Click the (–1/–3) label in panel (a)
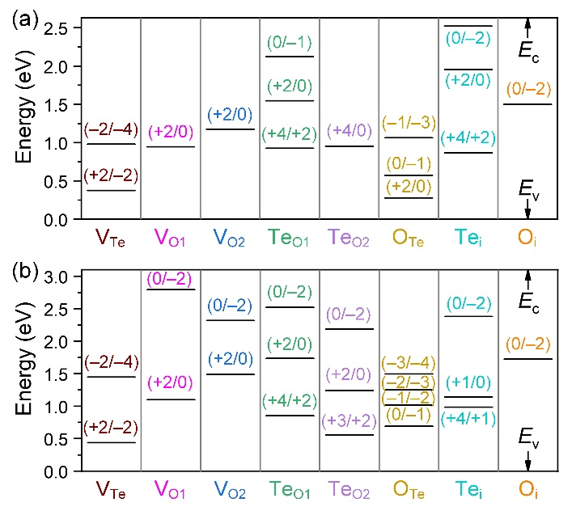(408, 123)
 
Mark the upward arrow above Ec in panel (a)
(528, 26)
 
